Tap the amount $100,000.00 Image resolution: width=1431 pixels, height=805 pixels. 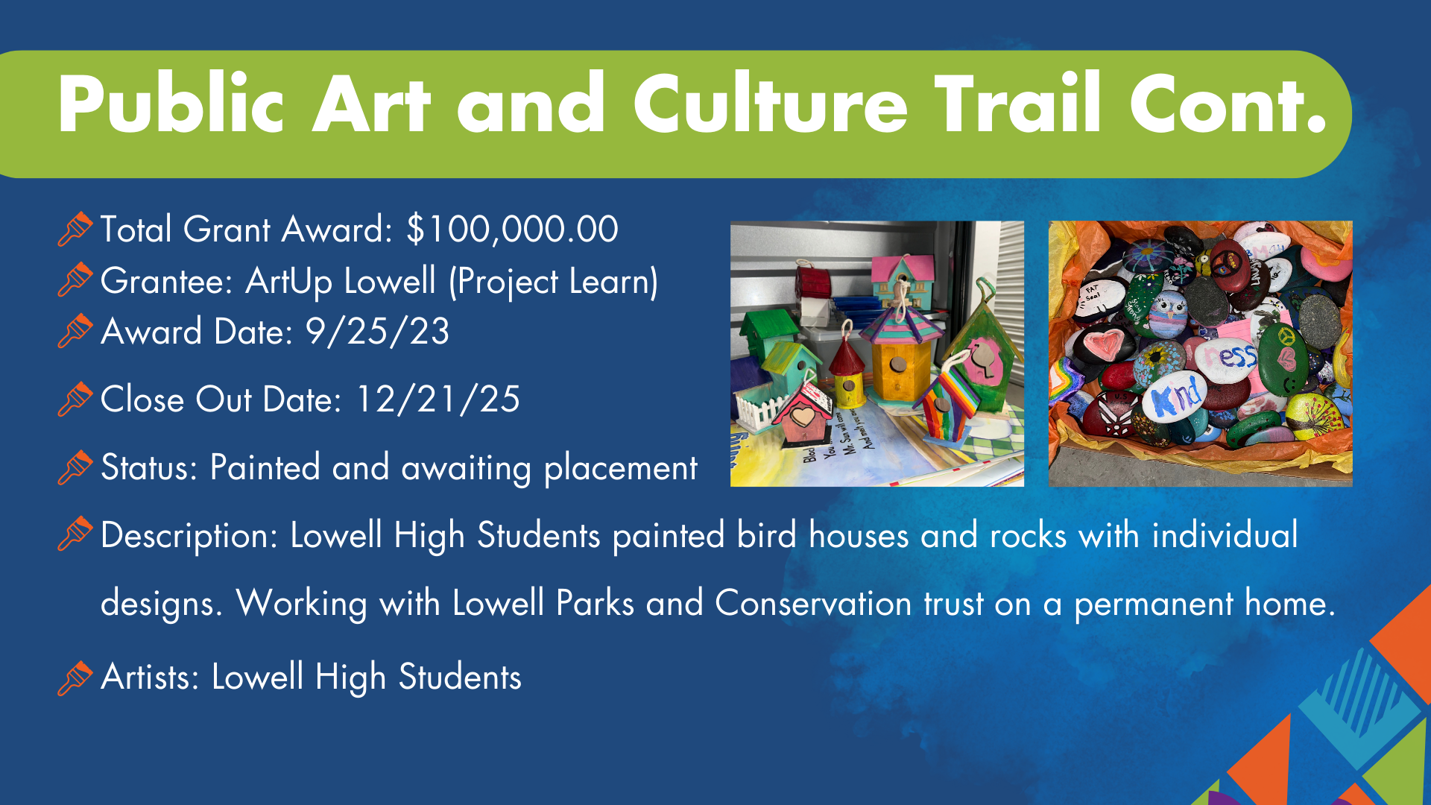pyautogui.click(x=513, y=229)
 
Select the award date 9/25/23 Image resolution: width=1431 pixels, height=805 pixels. pyautogui.click(x=378, y=332)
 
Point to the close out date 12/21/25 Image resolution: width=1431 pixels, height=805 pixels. pyautogui.click(x=437, y=400)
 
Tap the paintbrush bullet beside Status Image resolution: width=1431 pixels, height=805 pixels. pyautogui.click(x=75, y=467)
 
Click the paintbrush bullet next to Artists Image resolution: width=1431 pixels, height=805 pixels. pyautogui.click(x=75, y=678)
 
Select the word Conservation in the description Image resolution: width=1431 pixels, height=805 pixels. pyautogui.click(x=813, y=603)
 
